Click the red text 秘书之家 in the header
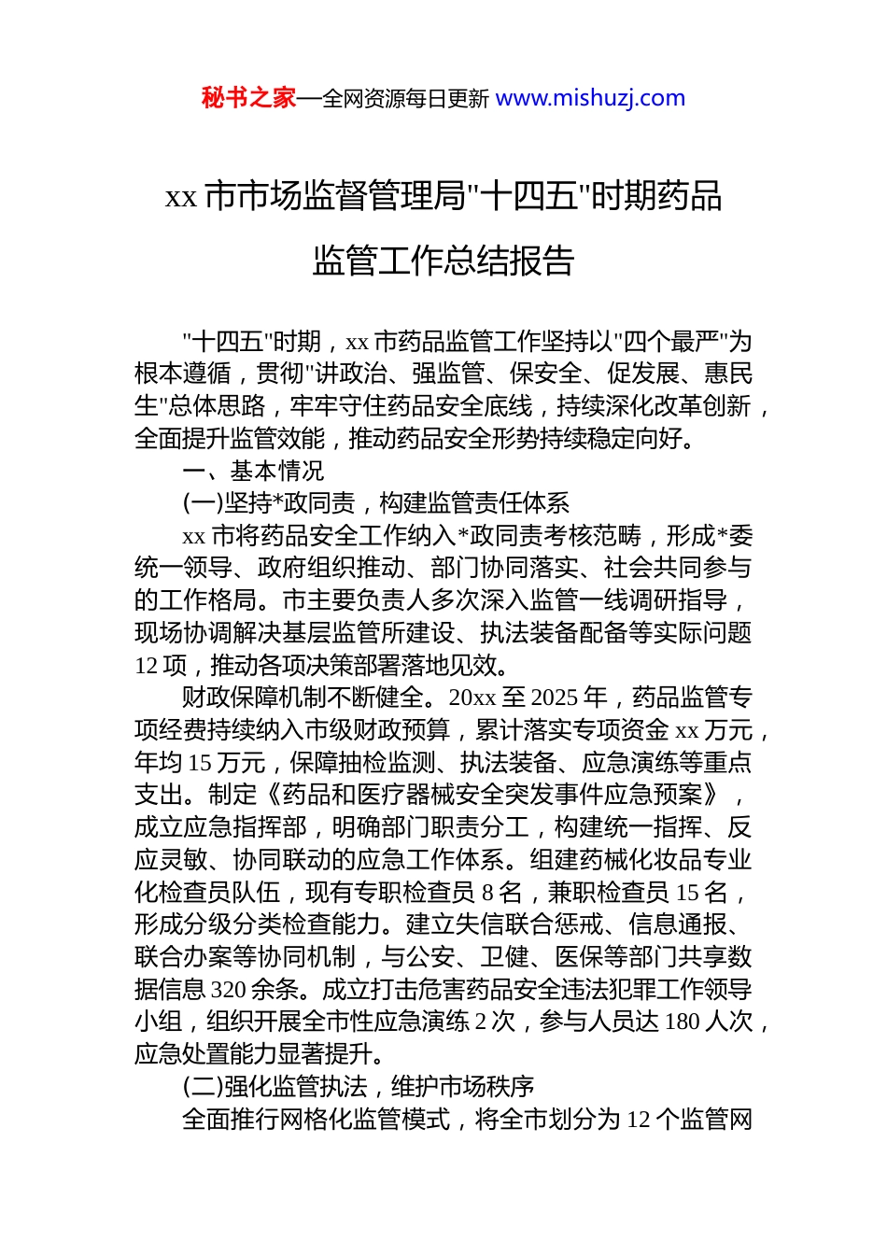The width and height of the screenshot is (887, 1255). click(247, 98)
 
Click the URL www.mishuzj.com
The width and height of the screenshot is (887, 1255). click(590, 98)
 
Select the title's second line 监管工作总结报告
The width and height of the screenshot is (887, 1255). click(443, 261)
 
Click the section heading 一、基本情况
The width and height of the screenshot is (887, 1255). click(253, 471)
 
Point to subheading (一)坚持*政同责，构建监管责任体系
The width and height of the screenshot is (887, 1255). click(375, 503)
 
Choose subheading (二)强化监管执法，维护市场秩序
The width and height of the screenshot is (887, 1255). click(358, 1087)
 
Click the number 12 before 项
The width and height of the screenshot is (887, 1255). click(146, 666)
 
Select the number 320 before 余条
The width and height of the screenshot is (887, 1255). click(229, 990)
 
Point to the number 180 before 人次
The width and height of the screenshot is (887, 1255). click(682, 1022)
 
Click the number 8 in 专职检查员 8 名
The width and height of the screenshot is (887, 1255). click(487, 893)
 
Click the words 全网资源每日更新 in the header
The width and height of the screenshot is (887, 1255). click(405, 99)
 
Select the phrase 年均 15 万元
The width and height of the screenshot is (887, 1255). click(200, 763)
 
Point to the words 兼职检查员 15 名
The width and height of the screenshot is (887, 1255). click(638, 893)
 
